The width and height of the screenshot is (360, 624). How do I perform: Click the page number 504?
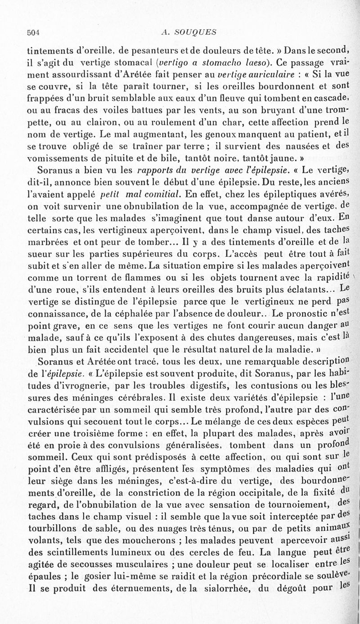coord(34,32)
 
